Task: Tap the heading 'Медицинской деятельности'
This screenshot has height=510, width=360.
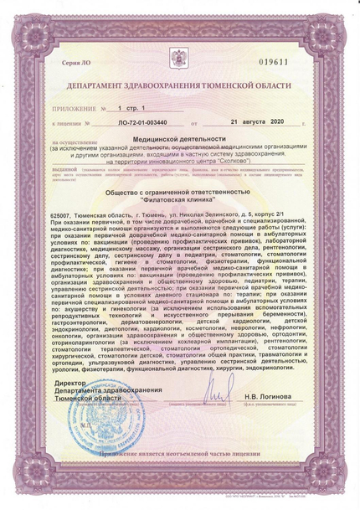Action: [179, 138]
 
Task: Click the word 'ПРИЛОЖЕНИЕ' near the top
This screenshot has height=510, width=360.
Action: [71, 109]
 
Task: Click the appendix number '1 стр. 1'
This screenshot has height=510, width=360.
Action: [131, 109]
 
